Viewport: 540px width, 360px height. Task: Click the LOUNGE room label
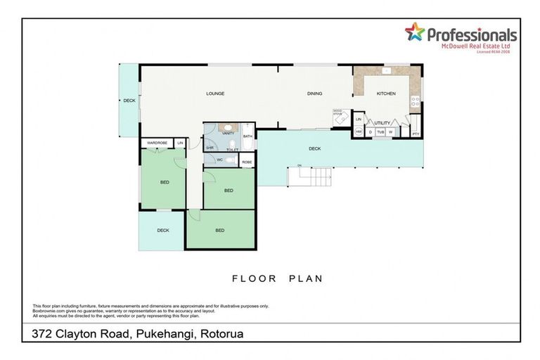point(214,94)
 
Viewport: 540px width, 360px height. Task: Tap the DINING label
point(314,94)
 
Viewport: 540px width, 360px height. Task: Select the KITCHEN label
point(386,94)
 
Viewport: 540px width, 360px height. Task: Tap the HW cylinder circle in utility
point(359,131)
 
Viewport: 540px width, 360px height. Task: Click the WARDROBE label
point(157,143)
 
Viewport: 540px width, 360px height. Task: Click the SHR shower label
point(210,148)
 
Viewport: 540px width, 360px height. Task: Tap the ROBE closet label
point(247,162)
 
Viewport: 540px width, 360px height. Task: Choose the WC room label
point(219,160)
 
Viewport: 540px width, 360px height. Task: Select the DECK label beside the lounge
point(129,101)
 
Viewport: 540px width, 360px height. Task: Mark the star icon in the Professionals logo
point(415,32)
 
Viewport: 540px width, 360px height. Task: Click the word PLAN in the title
point(304,278)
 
